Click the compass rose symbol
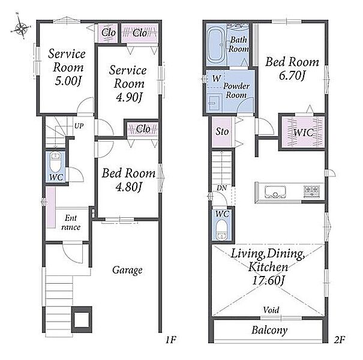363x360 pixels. [x=20, y=28]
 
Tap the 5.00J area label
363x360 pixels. [x=68, y=81]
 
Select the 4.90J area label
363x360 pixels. [x=129, y=97]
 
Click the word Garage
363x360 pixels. [x=127, y=270]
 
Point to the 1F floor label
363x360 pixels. [x=171, y=340]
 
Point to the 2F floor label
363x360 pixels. [x=340, y=340]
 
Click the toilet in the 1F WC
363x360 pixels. [x=55, y=161]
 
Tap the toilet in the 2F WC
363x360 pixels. [x=222, y=230]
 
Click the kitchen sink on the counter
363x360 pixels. [x=275, y=192]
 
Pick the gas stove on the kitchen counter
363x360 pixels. [x=311, y=191]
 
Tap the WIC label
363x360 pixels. [x=304, y=133]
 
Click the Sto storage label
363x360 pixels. [x=222, y=131]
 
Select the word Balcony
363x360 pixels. [x=269, y=330]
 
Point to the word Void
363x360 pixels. [x=271, y=310]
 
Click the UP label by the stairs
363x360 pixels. [x=79, y=126]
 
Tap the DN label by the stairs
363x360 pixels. [x=222, y=188]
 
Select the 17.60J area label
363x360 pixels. [x=268, y=281]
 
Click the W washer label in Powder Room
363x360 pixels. [x=217, y=79]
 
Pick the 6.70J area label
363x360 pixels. [x=292, y=75]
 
